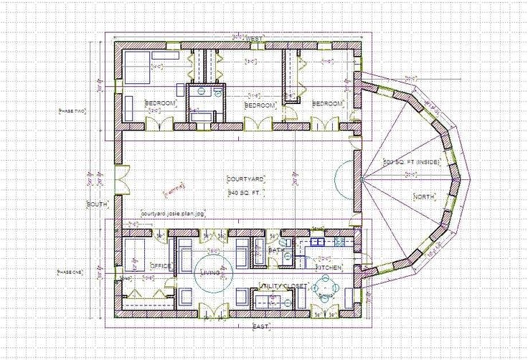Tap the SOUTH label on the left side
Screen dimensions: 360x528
pyautogui.click(x=97, y=204)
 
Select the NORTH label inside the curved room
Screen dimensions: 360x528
pyautogui.click(x=423, y=196)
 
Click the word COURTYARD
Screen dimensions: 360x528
pyautogui.click(x=246, y=179)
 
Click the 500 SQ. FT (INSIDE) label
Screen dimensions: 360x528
pyautogui.click(x=411, y=162)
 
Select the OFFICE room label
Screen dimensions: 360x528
pyautogui.click(x=160, y=266)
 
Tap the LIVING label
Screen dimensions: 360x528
pyautogui.click(x=209, y=273)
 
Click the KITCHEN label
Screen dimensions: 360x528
pyautogui.click(x=329, y=267)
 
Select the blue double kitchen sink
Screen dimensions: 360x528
pyautogui.click(x=316, y=243)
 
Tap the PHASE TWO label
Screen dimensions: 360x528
pyautogui.click(x=71, y=111)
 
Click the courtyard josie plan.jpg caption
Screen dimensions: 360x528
pyautogui.click(x=173, y=214)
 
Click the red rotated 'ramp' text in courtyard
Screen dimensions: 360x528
pyautogui.click(x=174, y=189)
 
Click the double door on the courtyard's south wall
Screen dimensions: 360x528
pyautogui.click(x=121, y=179)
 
